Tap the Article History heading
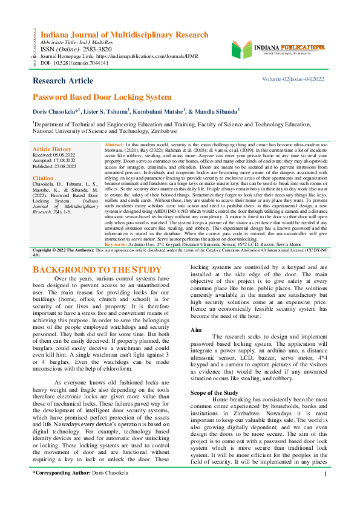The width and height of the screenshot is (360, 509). tap(52, 149)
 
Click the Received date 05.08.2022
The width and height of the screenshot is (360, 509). tap(68, 154)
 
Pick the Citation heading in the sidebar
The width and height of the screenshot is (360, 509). tap(43, 179)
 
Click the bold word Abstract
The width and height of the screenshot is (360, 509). tap(114, 146)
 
